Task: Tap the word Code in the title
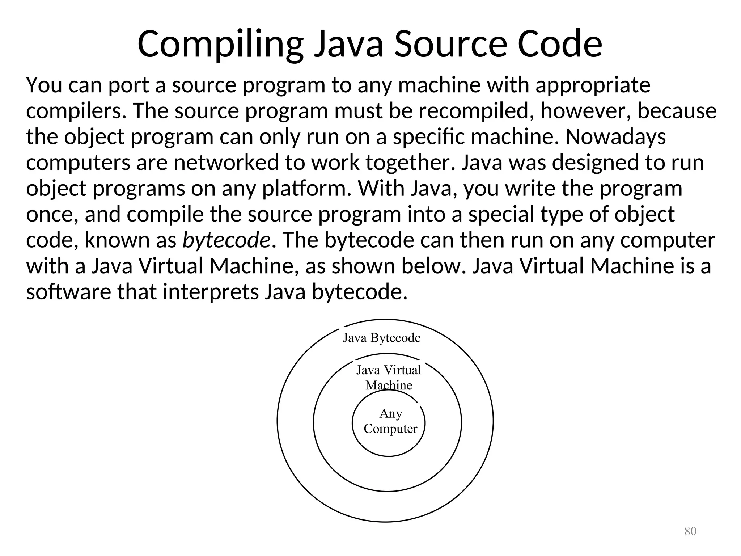560,44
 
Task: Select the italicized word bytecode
226,240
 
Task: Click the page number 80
690,531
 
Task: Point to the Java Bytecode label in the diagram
381,338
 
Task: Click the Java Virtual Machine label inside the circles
389,378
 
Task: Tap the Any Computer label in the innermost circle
390,421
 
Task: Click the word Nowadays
615,137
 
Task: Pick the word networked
226,163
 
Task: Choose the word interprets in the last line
211,292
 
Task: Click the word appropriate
593,85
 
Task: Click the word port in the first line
128,85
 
